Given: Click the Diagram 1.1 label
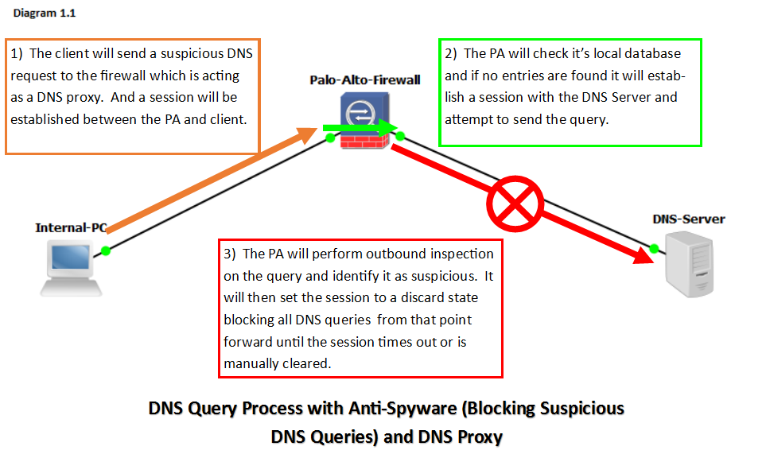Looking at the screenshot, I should click(x=45, y=14).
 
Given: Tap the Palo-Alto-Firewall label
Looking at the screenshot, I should click(x=365, y=80).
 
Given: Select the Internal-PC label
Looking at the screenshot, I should click(x=71, y=228).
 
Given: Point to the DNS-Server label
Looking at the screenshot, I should click(x=689, y=219).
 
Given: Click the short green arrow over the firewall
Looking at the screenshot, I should click(x=359, y=128).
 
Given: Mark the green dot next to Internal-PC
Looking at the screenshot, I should click(x=106, y=250).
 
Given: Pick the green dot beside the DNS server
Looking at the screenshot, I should click(x=654, y=248).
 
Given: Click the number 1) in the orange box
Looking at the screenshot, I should click(x=18, y=54).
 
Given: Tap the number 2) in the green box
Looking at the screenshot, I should click(x=451, y=54).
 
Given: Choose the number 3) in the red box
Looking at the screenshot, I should click(x=231, y=254).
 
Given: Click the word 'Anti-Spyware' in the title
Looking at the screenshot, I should click(x=399, y=409).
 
